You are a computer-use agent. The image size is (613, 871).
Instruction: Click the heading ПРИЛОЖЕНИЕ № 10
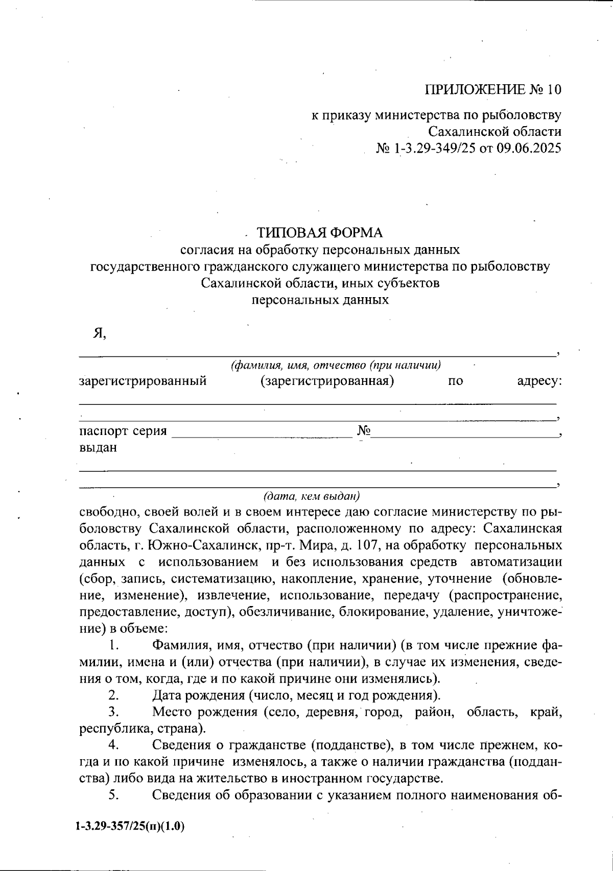click(492, 90)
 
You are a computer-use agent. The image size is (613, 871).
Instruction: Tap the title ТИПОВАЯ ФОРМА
click(320, 233)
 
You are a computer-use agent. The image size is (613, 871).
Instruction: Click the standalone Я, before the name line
click(99, 333)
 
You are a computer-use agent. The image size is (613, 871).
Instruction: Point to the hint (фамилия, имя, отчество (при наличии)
click(336, 366)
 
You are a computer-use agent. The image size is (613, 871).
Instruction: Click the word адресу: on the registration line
click(539, 381)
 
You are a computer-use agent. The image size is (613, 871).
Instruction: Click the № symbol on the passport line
click(363, 431)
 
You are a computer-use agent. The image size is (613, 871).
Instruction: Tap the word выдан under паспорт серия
click(98, 448)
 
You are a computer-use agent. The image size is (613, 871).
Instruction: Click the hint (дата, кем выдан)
click(312, 496)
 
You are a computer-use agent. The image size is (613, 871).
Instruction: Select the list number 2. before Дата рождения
click(113, 695)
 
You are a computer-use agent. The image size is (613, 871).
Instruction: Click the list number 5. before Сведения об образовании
click(113, 795)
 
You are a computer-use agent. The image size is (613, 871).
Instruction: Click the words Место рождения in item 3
click(206, 712)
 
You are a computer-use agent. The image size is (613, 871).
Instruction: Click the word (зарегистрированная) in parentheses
click(327, 381)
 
